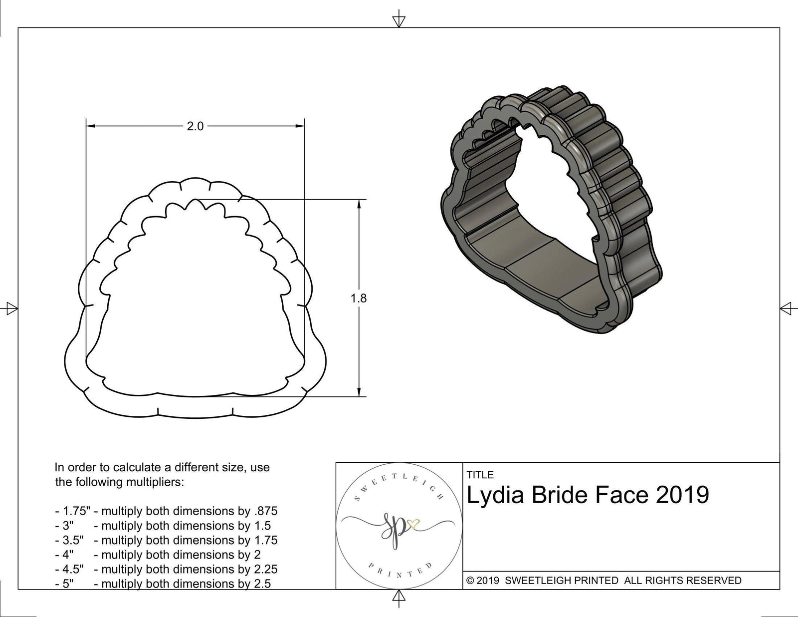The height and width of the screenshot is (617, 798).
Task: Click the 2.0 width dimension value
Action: click(x=195, y=127)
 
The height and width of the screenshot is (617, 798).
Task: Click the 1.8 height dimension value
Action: click(x=359, y=298)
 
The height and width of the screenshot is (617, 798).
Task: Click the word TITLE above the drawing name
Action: click(x=480, y=475)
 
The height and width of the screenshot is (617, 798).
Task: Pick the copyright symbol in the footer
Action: click(x=470, y=581)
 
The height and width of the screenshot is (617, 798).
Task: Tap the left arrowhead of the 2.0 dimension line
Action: click(x=90, y=127)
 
